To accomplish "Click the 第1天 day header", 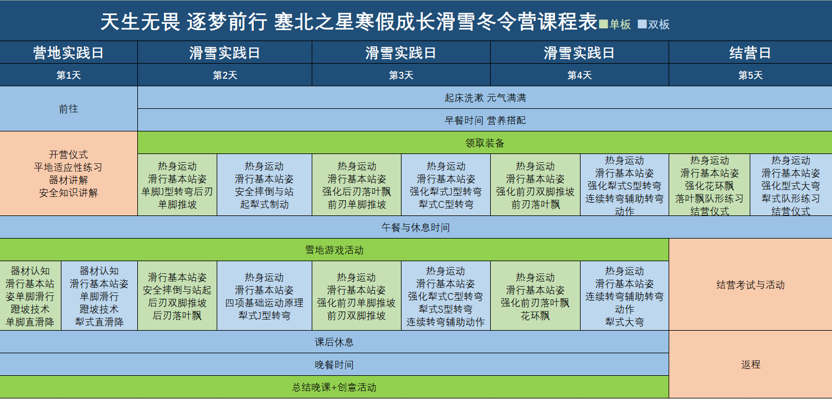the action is [69, 75].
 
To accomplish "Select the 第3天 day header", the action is [401, 75].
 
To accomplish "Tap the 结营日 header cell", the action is [750, 52].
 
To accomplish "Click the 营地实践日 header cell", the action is [69, 52].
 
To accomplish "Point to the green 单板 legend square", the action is [604, 24].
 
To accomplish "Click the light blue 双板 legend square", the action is [642, 24].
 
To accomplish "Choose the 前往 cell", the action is [69, 109].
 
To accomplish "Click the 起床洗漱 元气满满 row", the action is [485, 98].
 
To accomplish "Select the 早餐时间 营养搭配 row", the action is [485, 120].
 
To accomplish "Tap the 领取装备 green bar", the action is [485, 143].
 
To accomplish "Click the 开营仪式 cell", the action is [69, 173].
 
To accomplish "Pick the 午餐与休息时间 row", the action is [416, 227].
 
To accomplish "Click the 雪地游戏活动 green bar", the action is [334, 250].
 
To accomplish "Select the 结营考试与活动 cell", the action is [750, 285].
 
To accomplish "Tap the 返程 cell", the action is [750, 364].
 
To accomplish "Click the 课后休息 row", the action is [334, 342].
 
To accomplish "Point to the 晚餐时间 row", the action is [334, 364].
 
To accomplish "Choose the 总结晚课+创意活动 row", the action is [334, 387].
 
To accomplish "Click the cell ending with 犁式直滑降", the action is [99, 296].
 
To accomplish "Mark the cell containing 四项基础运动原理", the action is [264, 296].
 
